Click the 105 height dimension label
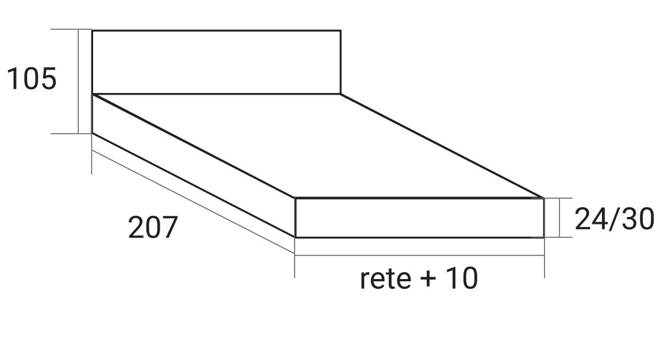(32, 79)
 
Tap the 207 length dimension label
(152, 228)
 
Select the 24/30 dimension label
(614, 219)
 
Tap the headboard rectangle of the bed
(216, 62)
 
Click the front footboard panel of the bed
(419, 218)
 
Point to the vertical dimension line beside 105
(79, 81)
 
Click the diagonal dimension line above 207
(192, 201)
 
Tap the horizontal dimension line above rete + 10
(419, 255)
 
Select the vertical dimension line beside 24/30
(559, 218)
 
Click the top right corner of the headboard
(341, 30)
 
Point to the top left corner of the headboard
(92, 30)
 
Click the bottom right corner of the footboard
(543, 237)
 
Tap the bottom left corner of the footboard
(295, 237)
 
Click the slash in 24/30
(613, 219)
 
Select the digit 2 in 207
(136, 228)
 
